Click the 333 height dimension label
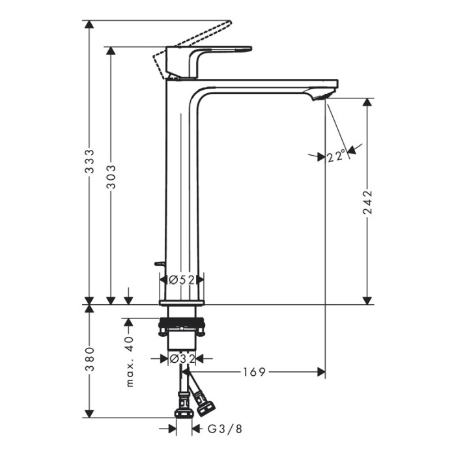click(x=90, y=162)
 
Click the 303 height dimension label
click(x=111, y=177)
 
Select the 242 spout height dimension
click(x=367, y=202)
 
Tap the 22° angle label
click(x=337, y=156)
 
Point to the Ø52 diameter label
click(x=182, y=280)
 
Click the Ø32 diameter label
click(x=182, y=359)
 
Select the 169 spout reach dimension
click(x=255, y=372)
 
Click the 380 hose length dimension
click(x=90, y=359)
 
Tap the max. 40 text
click(x=130, y=362)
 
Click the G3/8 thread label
click(x=225, y=429)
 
